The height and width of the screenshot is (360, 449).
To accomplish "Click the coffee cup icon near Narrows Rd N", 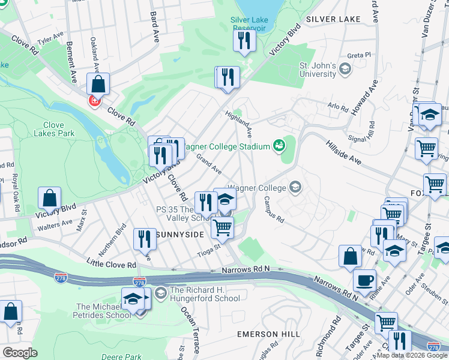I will coord(365,280).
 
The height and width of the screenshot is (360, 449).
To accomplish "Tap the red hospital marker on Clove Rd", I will coord(94,101).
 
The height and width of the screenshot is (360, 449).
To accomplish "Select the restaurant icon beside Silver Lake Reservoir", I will coord(244,40).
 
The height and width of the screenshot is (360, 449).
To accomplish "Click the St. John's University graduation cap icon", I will coord(345,70).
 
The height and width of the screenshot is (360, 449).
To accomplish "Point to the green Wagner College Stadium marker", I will coord(279,145).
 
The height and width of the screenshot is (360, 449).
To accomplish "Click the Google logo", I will coord(20,353).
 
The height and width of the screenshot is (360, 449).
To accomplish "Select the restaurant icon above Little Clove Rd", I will coord(144,239).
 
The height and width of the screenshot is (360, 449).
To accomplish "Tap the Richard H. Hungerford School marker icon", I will coord(160,293).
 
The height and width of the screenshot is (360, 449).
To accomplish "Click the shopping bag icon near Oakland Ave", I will coord(98,83).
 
